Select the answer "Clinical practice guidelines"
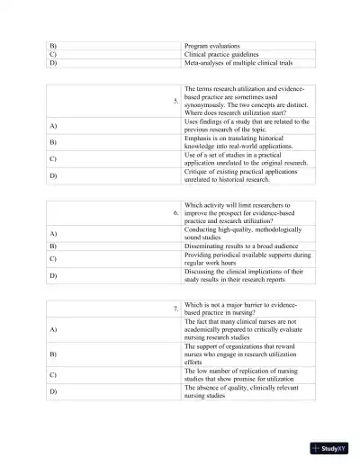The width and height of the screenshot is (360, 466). (228, 53)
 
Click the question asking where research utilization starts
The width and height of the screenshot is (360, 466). (247, 102)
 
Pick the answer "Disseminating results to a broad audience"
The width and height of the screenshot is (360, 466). (245, 245)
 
